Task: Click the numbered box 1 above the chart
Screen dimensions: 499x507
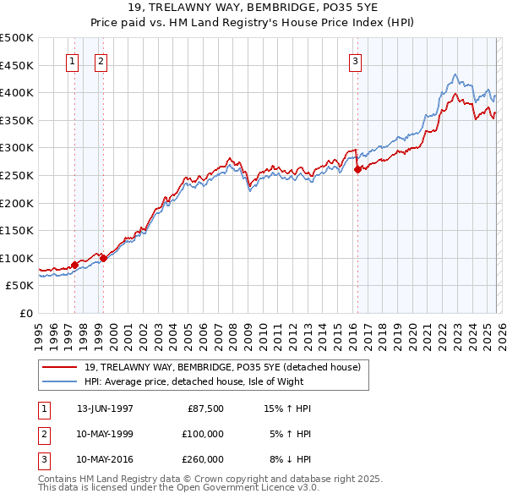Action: click(72, 61)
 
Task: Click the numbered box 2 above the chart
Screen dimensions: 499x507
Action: click(101, 61)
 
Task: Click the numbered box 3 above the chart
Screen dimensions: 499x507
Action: click(355, 61)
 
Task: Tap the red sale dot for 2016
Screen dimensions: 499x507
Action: click(357, 169)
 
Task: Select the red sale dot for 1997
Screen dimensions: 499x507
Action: click(74, 265)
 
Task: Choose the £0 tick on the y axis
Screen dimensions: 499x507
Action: click(26, 313)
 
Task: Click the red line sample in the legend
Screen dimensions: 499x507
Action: click(60, 367)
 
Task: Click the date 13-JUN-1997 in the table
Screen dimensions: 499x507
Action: click(105, 409)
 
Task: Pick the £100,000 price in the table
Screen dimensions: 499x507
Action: click(202, 433)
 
